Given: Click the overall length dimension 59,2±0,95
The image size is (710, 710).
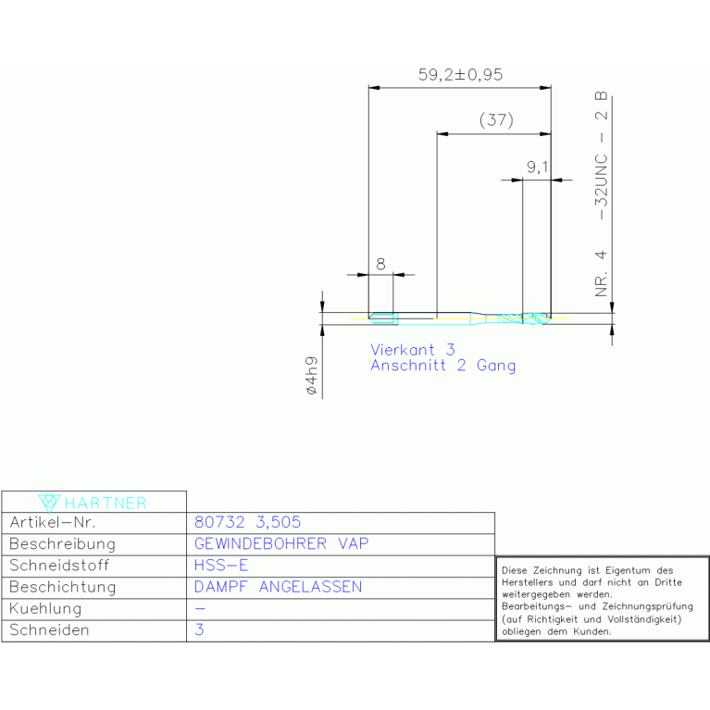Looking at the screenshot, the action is tap(460, 75).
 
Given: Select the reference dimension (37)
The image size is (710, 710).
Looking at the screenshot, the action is tap(496, 120).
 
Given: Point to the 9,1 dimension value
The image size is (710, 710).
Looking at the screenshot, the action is tap(538, 168).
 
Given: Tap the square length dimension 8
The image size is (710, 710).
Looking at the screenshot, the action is tap(380, 264).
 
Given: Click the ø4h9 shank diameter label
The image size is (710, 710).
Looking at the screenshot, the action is tap(312, 376).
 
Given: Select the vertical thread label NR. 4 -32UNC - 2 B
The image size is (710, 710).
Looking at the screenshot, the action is tap(601, 194).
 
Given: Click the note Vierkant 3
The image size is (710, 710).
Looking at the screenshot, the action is tap(413, 350).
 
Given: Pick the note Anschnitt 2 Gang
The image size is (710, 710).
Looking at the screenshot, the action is tap(442, 366).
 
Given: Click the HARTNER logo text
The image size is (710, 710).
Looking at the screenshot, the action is tap(106, 503).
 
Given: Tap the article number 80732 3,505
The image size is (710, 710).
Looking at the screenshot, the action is tap(247, 522).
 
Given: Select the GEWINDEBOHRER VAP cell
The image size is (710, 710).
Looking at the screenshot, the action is tap(281, 543).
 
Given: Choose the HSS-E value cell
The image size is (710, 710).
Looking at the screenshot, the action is tap(221, 565).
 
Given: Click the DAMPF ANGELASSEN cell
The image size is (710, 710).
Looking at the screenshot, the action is tap(278, 587).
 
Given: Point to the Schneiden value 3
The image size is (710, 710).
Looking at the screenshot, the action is tap(199, 629).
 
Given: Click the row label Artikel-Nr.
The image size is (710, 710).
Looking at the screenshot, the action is tap(53, 522).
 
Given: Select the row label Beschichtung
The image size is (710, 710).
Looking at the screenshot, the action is tap(63, 587).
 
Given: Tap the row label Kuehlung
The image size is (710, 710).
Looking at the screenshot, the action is tap(45, 609).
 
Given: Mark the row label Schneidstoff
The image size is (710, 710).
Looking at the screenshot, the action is tap(59, 565).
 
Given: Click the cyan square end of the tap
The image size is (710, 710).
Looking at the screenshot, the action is tap(383, 318).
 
